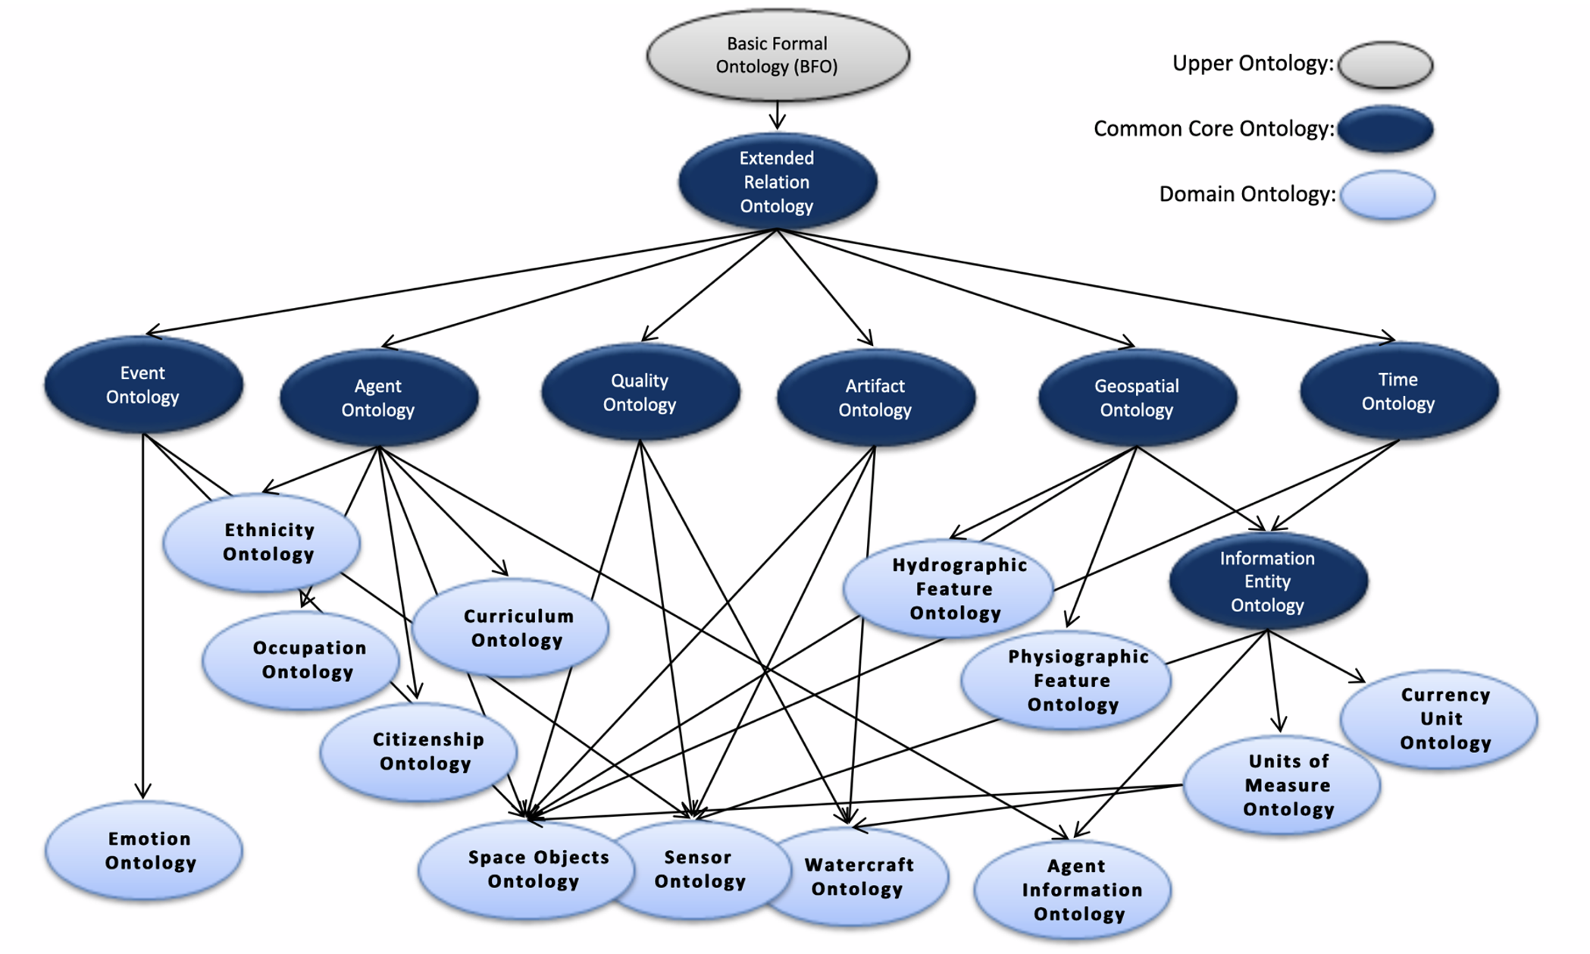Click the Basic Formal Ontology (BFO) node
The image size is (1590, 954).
778,55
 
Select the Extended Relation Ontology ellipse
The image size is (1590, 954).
777,181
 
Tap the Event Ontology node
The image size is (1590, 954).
142,384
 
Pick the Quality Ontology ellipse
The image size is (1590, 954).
640,392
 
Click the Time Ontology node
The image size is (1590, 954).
1398,391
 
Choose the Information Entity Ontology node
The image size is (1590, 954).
1267,581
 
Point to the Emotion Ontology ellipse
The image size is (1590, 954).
144,850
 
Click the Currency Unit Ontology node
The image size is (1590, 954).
1439,718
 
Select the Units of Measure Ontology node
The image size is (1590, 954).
1282,785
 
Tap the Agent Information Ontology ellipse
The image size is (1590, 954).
1073,890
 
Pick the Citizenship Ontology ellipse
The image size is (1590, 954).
418,751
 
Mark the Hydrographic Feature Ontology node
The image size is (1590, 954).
949,588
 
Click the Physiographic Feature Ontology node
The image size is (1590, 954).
1066,680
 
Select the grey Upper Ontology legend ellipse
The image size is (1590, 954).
1385,64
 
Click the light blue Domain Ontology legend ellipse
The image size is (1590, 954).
1387,195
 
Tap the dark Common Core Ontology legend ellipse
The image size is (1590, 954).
1385,129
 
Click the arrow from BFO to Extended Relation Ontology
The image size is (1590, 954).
778,116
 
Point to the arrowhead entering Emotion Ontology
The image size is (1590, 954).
142,792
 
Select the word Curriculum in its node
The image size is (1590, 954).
518,616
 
